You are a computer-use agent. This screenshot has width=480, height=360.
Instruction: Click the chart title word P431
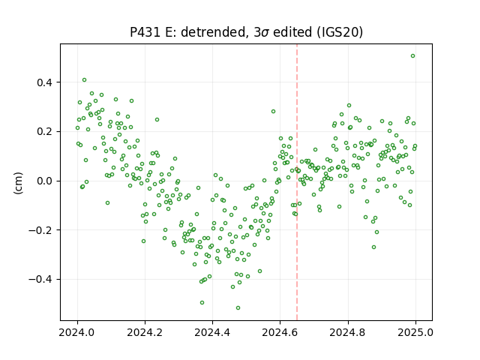click(145, 32)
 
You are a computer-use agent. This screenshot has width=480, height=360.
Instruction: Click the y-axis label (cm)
click(18, 183)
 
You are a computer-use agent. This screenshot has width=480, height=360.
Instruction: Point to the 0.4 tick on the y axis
click(45, 82)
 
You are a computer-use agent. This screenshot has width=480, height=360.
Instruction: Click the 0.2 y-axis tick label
click(45, 132)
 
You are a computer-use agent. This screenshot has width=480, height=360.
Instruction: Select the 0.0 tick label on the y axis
click(45, 181)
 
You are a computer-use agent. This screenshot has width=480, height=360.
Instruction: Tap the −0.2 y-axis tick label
click(41, 230)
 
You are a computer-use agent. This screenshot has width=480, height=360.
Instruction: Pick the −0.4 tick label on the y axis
click(41, 280)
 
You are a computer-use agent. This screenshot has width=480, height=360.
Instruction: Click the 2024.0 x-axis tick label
click(77, 332)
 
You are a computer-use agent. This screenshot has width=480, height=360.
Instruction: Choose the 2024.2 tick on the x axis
click(145, 332)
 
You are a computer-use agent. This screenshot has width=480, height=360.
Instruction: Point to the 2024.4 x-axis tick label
click(212, 332)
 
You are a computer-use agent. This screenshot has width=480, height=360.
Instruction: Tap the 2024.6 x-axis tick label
click(280, 332)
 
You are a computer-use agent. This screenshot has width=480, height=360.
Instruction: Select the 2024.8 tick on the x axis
click(348, 332)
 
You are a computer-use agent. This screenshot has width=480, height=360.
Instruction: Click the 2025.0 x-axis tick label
click(415, 332)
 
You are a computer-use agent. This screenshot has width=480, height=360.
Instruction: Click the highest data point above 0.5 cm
click(412, 56)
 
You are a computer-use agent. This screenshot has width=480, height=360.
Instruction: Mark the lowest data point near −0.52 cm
click(238, 308)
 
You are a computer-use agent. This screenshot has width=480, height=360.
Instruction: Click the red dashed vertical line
click(297, 182)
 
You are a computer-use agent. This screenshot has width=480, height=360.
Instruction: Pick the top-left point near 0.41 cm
click(84, 80)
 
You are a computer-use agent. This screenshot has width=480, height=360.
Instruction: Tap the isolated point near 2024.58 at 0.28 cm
click(273, 112)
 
